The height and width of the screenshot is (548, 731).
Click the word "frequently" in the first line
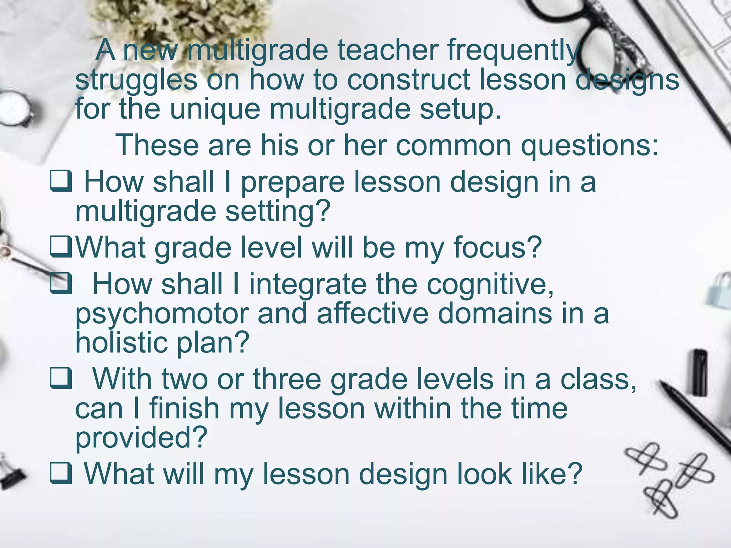[x=513, y=51]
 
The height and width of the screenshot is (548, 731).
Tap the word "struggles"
[x=136, y=80]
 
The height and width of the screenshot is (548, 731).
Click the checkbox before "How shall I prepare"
[x=61, y=181]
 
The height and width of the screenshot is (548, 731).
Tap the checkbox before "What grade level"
[x=61, y=247]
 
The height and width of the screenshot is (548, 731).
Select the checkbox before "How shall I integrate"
[x=61, y=284]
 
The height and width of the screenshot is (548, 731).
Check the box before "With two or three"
[x=61, y=379]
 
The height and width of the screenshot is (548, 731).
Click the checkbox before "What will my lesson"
[x=61, y=473]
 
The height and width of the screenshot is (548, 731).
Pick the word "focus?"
[x=498, y=248]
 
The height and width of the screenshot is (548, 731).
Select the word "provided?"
[x=141, y=438]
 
